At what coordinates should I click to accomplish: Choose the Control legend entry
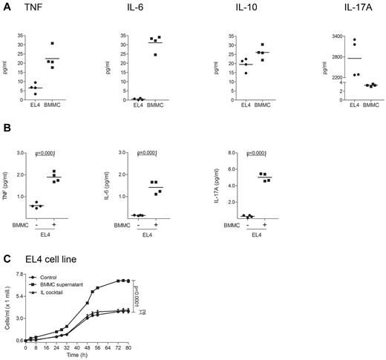(x=52, y=276)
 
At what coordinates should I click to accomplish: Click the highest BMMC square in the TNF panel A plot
(x=52, y=43)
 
